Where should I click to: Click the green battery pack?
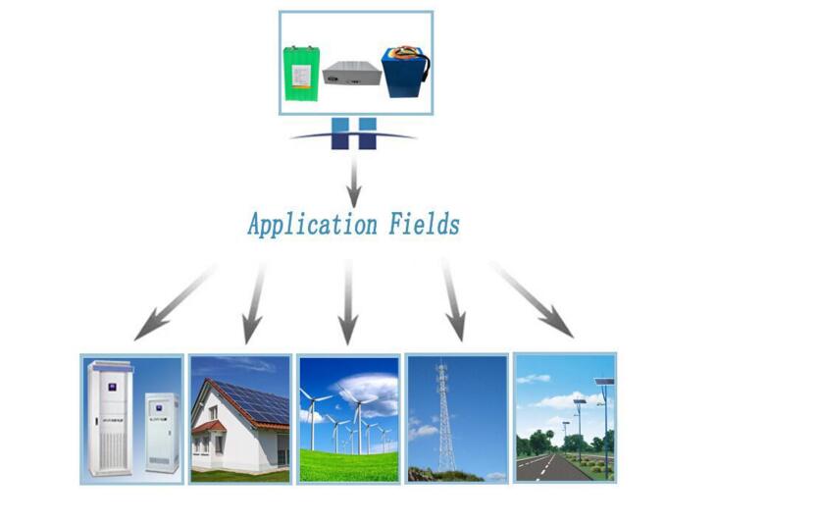coord(301,74)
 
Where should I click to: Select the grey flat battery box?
coord(350,74)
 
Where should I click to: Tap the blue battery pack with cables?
coord(405,72)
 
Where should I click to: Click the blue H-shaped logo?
coord(353,133)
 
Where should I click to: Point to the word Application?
coord(312,225)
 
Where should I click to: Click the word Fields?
coord(424,224)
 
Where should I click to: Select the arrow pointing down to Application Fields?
coord(354,182)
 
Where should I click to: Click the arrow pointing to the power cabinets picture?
coord(175,303)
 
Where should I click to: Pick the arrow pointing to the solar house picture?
coord(254,303)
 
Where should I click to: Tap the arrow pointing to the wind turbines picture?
coord(348,302)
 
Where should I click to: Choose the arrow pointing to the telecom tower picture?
coord(453,299)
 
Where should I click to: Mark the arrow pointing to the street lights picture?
coord(532,299)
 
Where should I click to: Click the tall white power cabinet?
coord(110,418)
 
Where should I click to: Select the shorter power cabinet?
coord(162,432)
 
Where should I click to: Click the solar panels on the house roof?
coord(252,400)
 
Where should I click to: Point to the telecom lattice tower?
coord(445,417)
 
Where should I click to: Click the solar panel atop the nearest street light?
coord(604,382)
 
